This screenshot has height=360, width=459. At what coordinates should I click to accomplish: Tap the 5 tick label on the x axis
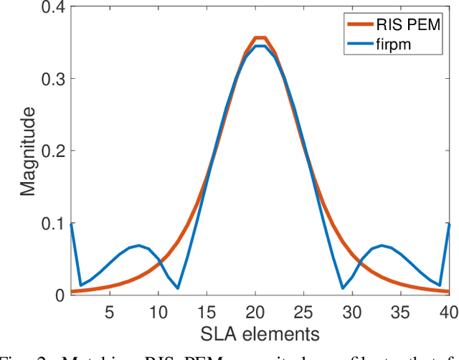(109, 313)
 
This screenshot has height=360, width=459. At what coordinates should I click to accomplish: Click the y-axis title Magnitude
(27, 151)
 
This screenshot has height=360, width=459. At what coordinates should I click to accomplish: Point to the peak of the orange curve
(260, 38)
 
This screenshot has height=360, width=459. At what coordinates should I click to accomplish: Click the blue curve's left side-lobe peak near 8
(138, 245)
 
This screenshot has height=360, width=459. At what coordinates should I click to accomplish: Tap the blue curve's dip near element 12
(177, 288)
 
